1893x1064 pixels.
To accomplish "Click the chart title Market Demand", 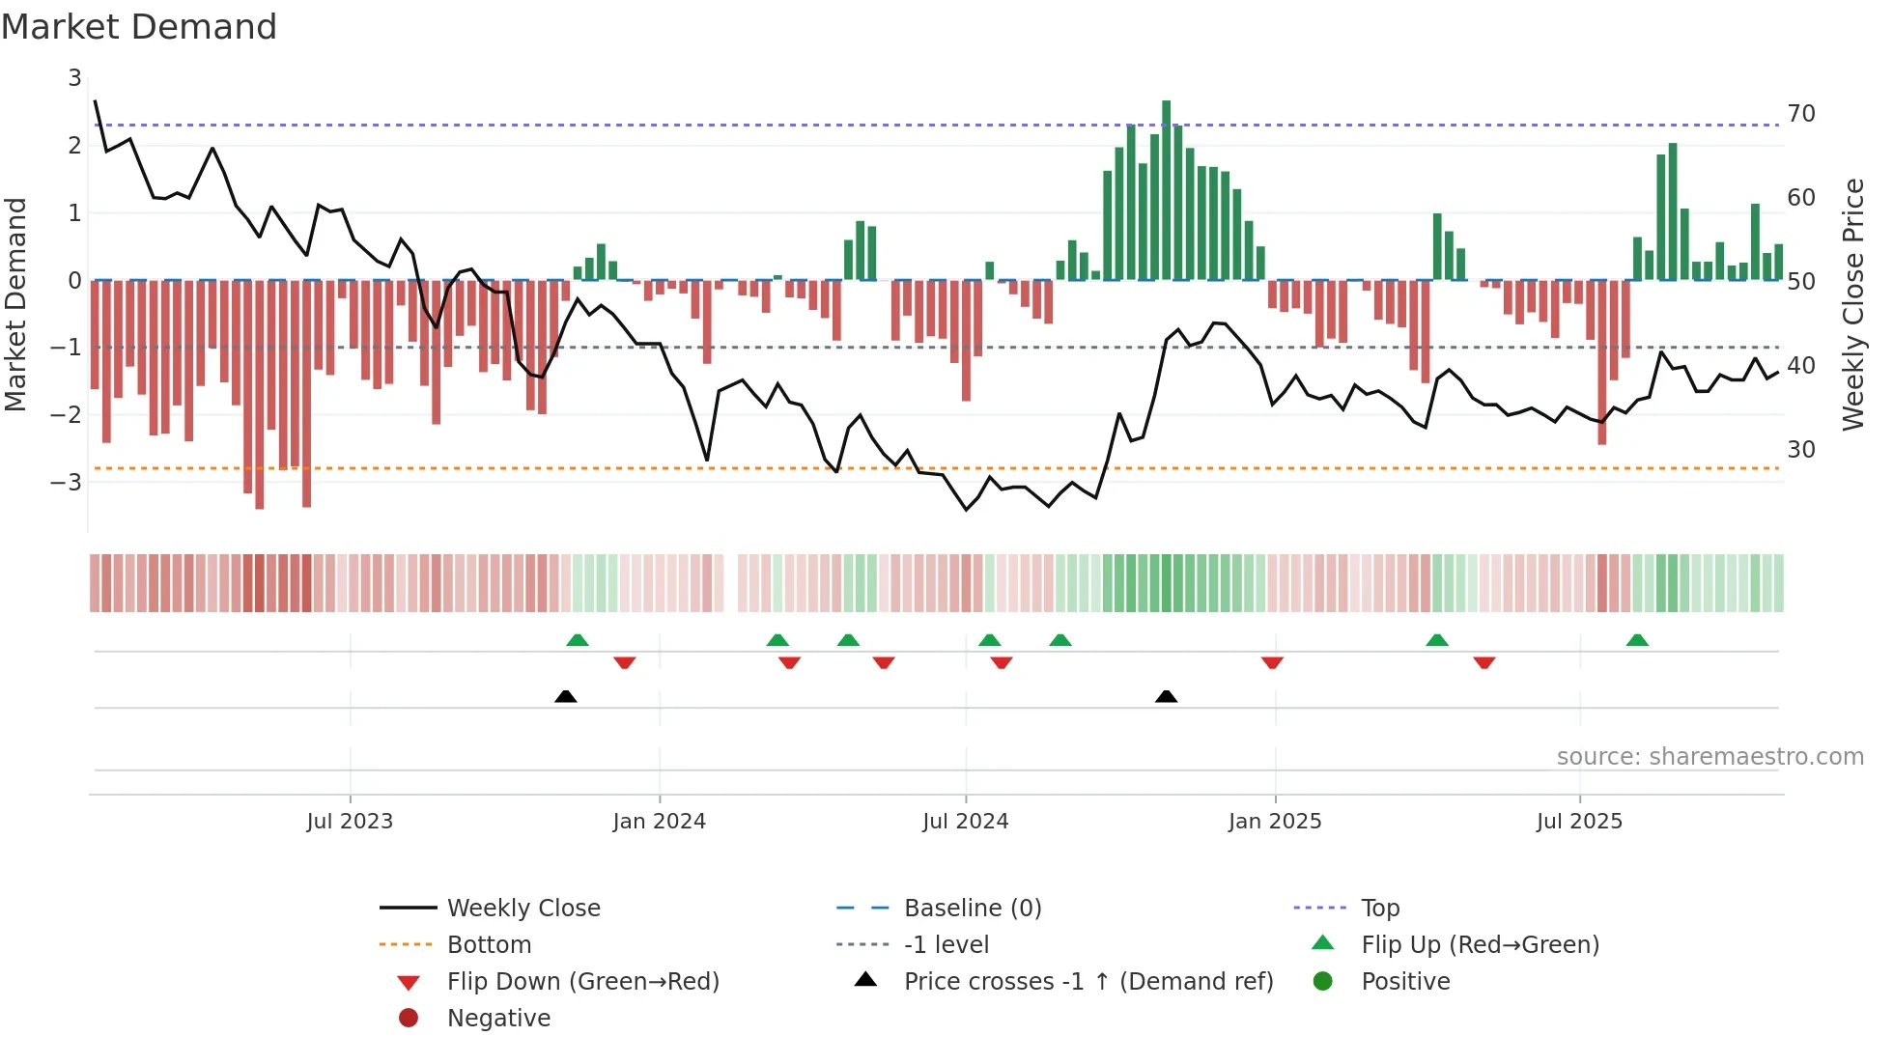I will pyautogui.click(x=139, y=27).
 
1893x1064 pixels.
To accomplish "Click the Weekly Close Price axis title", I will pyautogui.click(x=1852, y=304).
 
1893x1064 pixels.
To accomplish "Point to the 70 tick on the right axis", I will pyautogui.click(x=1800, y=114).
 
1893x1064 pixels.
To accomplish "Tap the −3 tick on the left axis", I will pyautogui.click(x=68, y=481).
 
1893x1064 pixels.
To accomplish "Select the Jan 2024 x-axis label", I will pyautogui.click(x=659, y=821).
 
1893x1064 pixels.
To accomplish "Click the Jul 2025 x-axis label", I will pyautogui.click(x=1579, y=821).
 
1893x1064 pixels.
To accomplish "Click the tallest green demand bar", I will pyautogui.click(x=1166, y=189).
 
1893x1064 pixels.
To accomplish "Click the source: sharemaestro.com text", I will pyautogui.click(x=1709, y=756).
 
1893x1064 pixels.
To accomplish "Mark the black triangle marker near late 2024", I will pyautogui.click(x=1166, y=696).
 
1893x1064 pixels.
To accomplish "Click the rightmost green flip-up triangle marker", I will pyautogui.click(x=1636, y=640).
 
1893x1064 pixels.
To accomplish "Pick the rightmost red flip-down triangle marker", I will pyautogui.click(x=1483, y=662).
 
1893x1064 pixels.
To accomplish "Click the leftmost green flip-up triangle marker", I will pyautogui.click(x=577, y=640).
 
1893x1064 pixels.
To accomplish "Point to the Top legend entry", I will pyautogui.click(x=1379, y=908).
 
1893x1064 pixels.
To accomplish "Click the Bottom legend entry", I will pyautogui.click(x=489, y=944).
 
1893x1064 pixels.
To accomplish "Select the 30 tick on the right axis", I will pyautogui.click(x=1800, y=449).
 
